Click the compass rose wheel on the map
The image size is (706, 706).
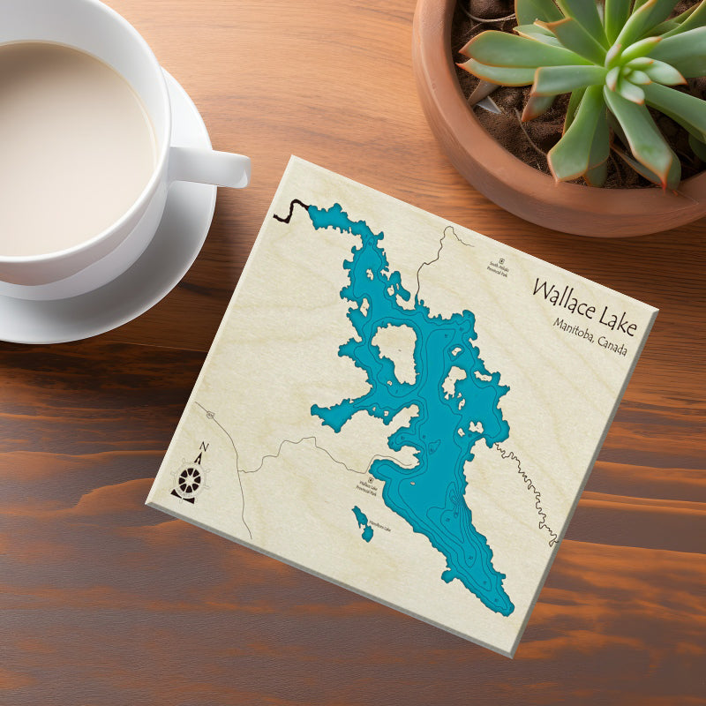tap(190, 480)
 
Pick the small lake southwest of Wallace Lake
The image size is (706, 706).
tap(363, 522)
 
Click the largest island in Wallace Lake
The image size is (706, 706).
tap(394, 351)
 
